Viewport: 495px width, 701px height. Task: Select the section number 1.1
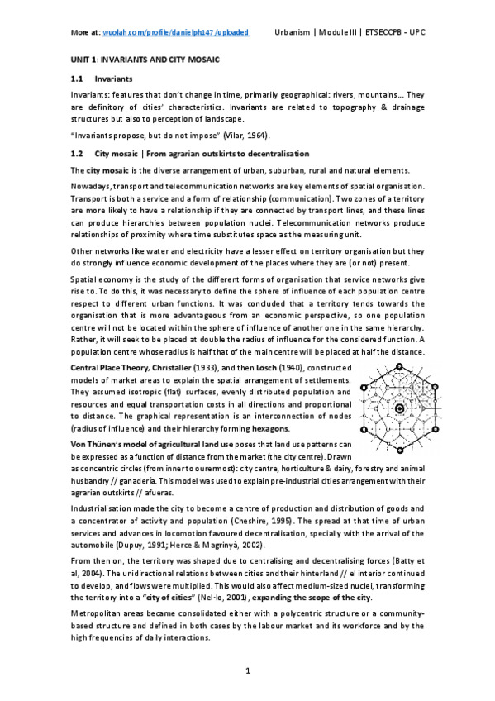76,80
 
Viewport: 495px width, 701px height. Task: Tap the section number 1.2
76,154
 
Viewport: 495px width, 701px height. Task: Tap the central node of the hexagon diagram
398,408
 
